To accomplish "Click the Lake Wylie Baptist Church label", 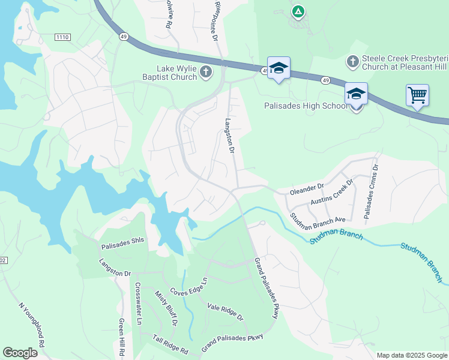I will (176, 73).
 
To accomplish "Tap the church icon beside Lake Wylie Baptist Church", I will (205, 73).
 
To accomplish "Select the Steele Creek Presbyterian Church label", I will (400, 63).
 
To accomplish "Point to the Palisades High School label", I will (306, 106).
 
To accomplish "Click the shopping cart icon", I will (417, 95).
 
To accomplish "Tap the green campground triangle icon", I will (298, 11).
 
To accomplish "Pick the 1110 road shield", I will (62, 37).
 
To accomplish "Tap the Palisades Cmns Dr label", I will (370, 191).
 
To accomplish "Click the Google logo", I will (20, 353).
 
